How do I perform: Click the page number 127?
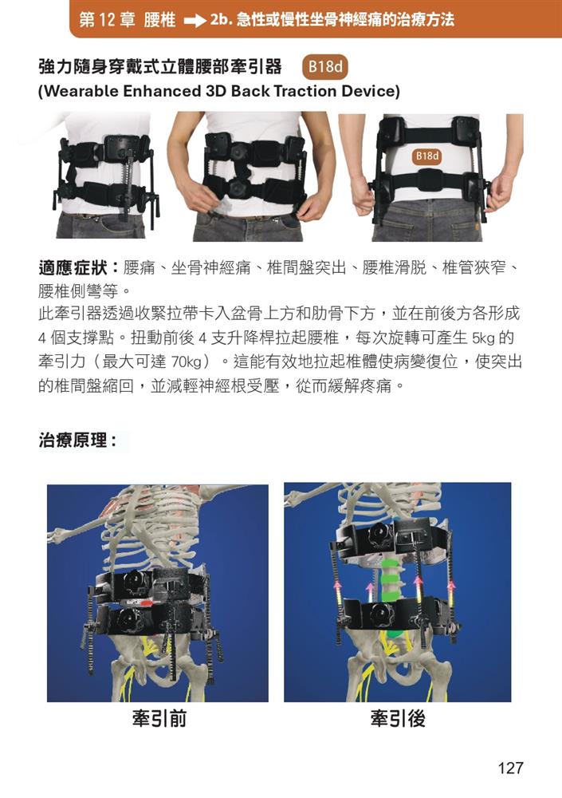[x=511, y=768]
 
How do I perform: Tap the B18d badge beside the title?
[x=325, y=67]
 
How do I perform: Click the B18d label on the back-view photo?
[x=427, y=156]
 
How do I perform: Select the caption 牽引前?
[x=159, y=719]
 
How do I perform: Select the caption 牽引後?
[x=398, y=719]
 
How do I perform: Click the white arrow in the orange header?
[x=195, y=22]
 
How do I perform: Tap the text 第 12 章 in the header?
[x=108, y=21]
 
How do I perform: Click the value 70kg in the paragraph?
[x=187, y=362]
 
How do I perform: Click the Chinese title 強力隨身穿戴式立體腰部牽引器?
[x=160, y=66]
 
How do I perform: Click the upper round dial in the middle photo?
[x=238, y=151]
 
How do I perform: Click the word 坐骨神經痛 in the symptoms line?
[x=211, y=267]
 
